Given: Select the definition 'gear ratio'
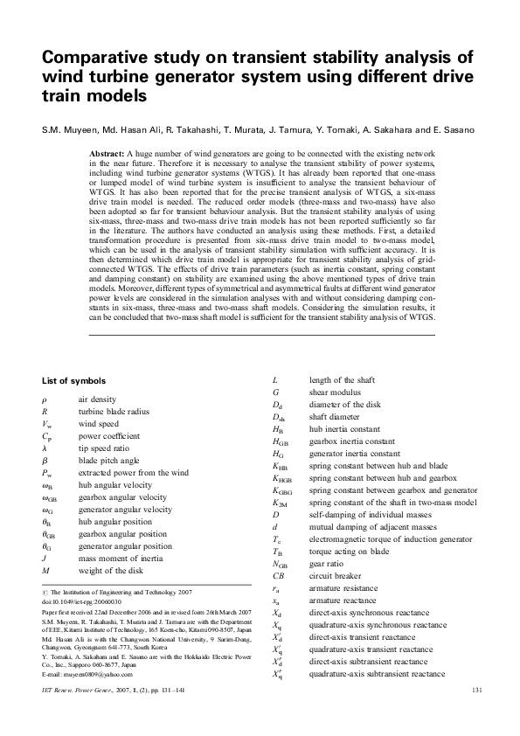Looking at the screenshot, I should click(x=327, y=564).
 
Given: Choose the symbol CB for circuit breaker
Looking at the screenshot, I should click(x=279, y=576).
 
